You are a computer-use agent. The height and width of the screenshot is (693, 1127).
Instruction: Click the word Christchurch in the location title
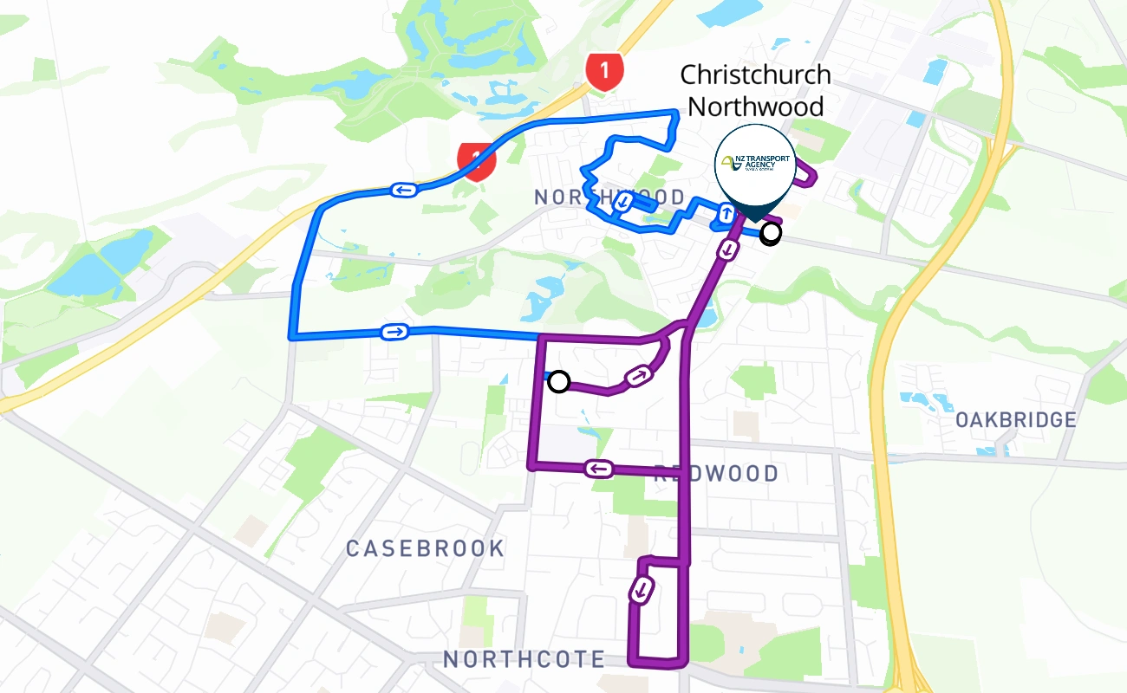tap(755, 74)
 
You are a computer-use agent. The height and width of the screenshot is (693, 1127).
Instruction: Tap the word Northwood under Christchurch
tap(755, 107)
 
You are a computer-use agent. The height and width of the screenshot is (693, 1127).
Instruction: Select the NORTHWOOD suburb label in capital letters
tap(609, 198)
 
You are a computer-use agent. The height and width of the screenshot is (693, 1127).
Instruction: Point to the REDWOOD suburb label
tap(716, 474)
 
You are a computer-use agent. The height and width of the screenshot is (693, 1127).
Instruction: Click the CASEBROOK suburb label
tap(425, 548)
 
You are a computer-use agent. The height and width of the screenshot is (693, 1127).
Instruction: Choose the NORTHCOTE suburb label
tap(524, 659)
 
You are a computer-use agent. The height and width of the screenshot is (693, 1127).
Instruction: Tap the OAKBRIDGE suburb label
tap(1015, 420)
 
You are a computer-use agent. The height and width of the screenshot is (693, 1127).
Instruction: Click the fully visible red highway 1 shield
tap(604, 69)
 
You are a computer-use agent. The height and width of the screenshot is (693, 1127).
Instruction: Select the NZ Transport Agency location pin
tap(753, 164)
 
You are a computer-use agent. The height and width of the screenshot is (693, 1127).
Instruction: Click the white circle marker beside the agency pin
tap(770, 233)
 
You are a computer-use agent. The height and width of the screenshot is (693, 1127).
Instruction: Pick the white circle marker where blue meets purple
tap(559, 381)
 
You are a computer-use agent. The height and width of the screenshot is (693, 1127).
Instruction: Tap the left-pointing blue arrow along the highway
tap(404, 190)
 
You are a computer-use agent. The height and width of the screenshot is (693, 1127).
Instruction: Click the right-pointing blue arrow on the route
tap(394, 332)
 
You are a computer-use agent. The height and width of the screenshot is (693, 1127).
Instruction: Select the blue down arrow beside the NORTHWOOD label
tap(622, 203)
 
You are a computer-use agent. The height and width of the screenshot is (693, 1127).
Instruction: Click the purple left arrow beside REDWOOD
tap(599, 469)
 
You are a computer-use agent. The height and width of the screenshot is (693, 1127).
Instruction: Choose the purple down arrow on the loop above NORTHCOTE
tap(642, 590)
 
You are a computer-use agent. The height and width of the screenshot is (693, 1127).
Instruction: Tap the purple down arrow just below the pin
tap(729, 249)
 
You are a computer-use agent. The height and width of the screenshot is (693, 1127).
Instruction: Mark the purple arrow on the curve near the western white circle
tap(637, 376)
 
